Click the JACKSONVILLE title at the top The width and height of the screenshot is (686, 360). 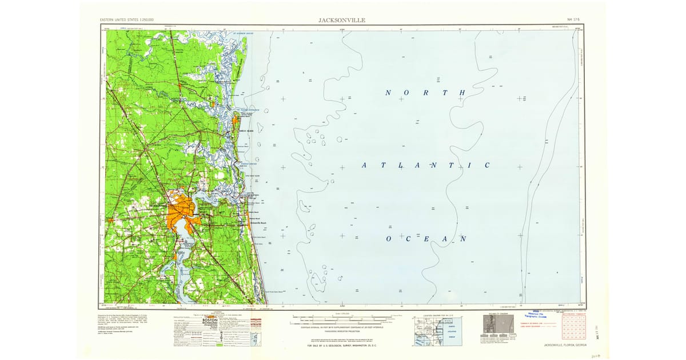(x=342, y=20)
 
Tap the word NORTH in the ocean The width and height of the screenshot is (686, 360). (x=425, y=93)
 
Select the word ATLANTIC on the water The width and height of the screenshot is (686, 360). (x=425, y=166)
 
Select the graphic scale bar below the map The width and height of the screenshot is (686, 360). (x=343, y=315)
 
